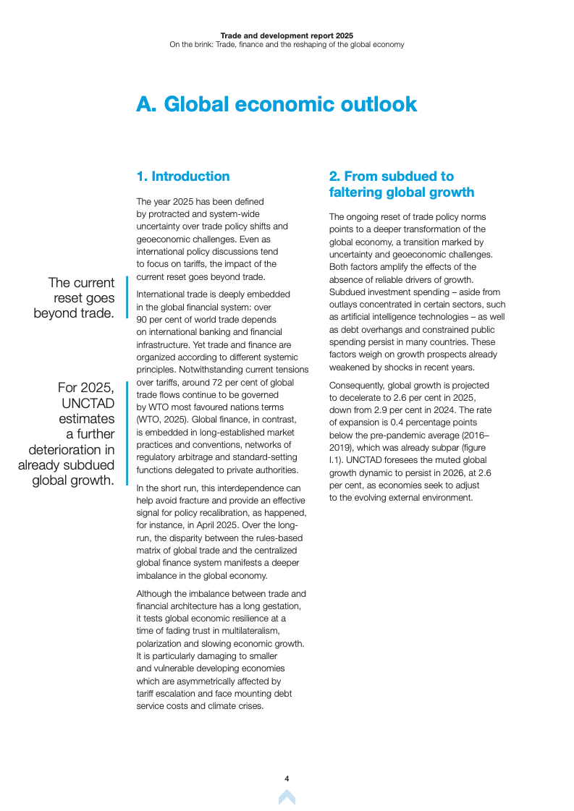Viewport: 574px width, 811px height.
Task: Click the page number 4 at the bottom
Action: coord(287,778)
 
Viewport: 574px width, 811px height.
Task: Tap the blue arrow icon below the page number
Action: coord(287,797)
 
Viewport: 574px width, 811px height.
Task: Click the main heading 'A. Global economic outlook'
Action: coord(277,104)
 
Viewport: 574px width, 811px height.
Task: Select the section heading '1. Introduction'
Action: coord(183,177)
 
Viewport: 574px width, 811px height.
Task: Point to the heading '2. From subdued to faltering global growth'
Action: coord(402,184)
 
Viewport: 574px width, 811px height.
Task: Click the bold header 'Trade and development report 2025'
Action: coord(287,35)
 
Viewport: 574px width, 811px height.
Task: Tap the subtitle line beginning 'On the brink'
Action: coord(287,44)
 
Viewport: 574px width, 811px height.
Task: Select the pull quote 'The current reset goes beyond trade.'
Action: coord(75,298)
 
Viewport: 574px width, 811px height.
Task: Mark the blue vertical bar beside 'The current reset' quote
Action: coord(127,297)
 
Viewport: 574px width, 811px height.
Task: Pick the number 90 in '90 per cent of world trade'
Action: coord(143,319)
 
